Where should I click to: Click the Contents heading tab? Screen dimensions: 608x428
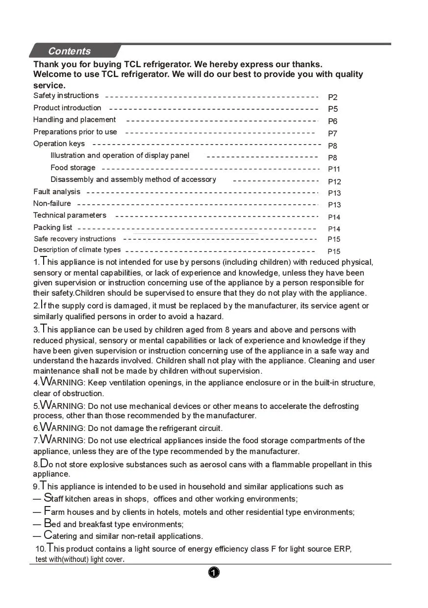[x=69, y=51]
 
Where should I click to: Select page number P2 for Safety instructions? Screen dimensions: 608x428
[x=333, y=97]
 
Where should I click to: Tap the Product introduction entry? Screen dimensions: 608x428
[x=67, y=108]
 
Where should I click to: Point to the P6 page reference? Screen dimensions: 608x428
[x=333, y=121]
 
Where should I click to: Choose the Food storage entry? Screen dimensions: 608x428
[x=73, y=168]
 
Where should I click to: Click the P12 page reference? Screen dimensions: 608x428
[x=334, y=181]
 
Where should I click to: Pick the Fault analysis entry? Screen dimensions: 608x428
[x=57, y=192]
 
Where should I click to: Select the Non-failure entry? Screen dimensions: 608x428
[x=52, y=203]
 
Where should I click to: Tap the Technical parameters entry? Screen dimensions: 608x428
[x=70, y=215]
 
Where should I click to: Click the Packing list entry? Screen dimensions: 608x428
[x=52, y=228]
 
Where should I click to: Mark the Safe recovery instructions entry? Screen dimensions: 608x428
[x=75, y=239]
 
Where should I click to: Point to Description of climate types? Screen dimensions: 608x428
[x=77, y=250]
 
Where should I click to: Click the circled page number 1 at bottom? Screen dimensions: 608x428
[x=214, y=572]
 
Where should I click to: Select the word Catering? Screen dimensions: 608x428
[x=60, y=536]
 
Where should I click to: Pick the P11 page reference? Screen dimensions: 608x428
[x=334, y=169]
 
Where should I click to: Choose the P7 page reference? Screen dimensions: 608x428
[x=333, y=133]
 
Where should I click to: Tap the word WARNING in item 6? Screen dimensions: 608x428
[x=62, y=428]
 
